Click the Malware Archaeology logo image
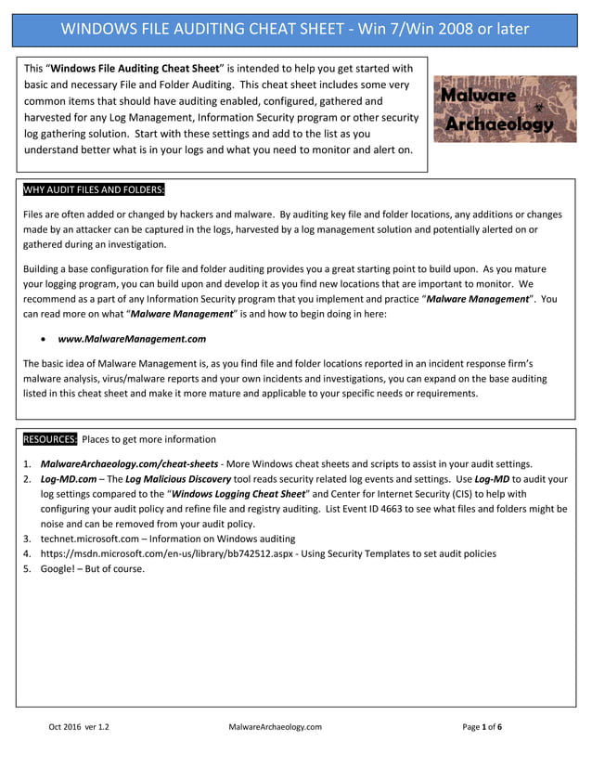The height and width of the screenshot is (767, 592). (x=505, y=109)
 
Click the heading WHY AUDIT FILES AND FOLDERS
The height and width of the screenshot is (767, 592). (x=94, y=190)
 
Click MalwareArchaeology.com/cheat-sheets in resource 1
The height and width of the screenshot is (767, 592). (x=130, y=463)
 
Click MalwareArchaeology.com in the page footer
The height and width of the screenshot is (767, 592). (x=275, y=727)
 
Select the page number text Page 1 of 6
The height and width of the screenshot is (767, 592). (x=483, y=727)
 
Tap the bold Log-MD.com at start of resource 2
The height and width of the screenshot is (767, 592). (x=66, y=479)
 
